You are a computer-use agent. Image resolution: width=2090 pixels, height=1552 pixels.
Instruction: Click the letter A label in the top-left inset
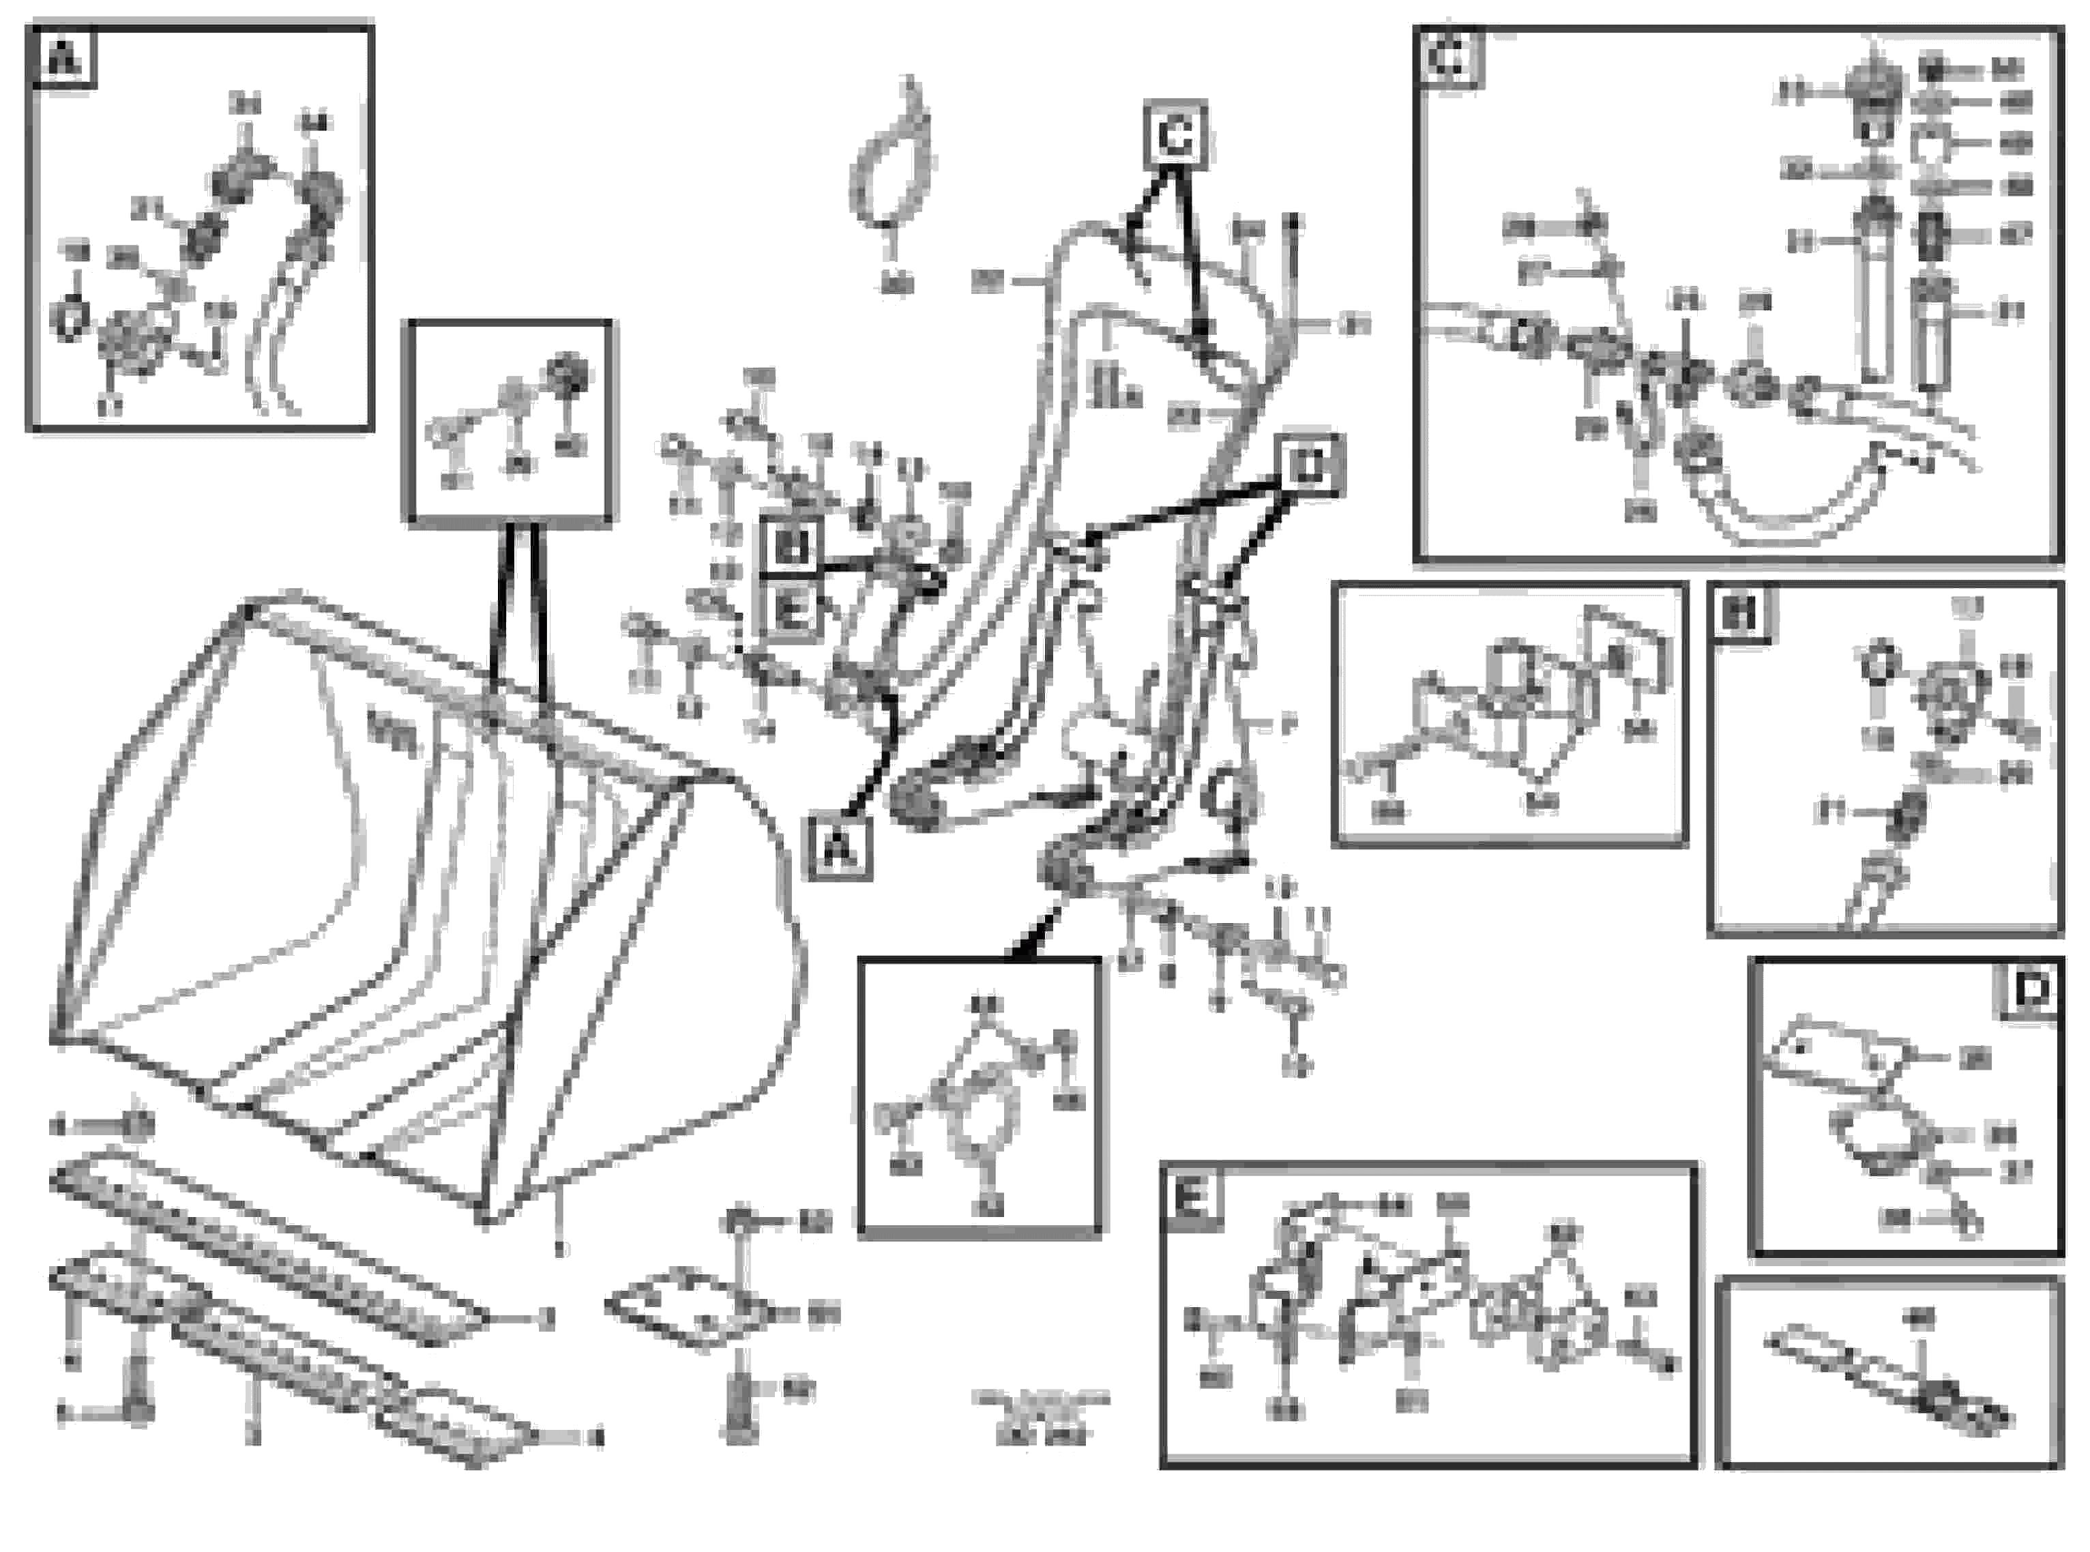tap(63, 59)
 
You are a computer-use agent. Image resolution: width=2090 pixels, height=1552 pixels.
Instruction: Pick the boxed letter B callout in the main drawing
tap(789, 546)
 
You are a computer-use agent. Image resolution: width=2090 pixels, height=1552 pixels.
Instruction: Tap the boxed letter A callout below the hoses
tap(840, 849)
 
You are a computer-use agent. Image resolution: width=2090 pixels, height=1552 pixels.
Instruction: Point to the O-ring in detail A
tap(70, 319)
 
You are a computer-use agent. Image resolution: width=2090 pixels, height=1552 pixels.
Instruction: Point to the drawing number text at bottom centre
tap(1041, 1418)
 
